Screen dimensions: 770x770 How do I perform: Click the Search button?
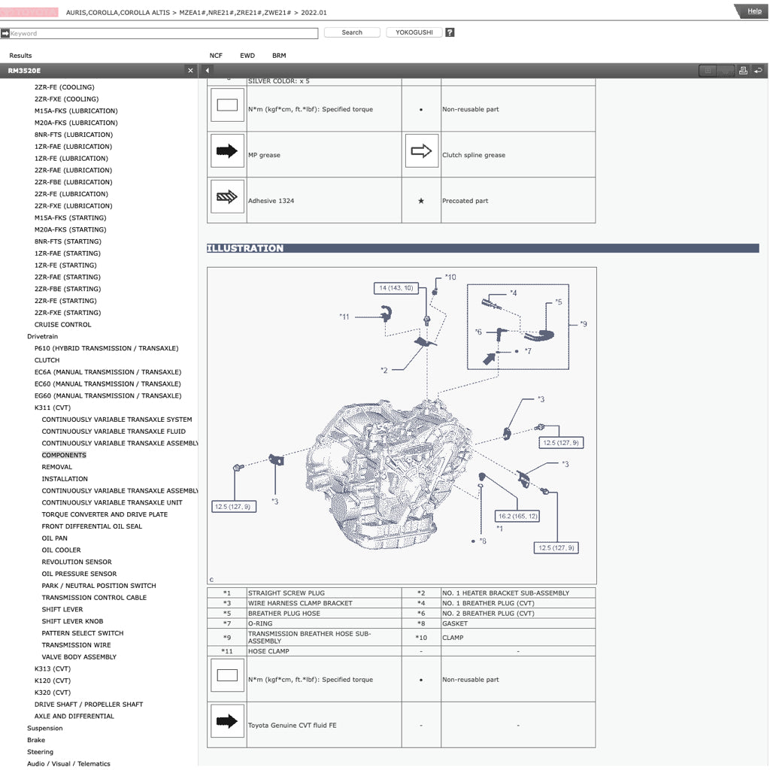coord(352,32)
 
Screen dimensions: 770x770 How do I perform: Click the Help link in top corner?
coord(753,11)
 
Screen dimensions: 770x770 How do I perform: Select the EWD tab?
coord(247,56)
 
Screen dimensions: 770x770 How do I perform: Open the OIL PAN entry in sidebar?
coord(54,538)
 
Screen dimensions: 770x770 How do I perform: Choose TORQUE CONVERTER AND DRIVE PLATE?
coord(105,514)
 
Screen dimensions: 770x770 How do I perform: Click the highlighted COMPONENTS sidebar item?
coord(64,455)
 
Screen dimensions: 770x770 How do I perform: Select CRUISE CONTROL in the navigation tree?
coord(62,325)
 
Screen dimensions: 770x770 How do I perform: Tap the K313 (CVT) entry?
coord(53,668)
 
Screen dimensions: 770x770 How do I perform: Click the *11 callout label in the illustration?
coord(344,317)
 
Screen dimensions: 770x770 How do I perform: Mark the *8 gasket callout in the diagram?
coord(483,541)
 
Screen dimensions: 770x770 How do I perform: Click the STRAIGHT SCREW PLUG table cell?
coord(286,593)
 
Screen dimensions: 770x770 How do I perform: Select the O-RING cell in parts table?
coord(261,623)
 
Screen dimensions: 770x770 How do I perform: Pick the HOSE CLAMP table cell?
coord(268,651)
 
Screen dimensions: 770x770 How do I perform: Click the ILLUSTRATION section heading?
coord(245,248)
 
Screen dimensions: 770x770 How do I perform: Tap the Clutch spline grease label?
coord(474,156)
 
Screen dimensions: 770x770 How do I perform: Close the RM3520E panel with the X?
coord(190,71)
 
